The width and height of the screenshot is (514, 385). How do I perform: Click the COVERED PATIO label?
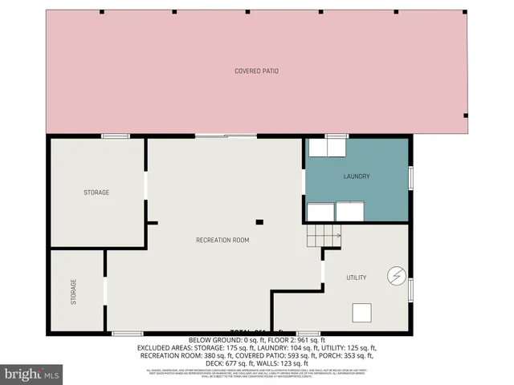[x=257, y=71]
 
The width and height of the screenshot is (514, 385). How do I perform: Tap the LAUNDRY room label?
[x=357, y=176]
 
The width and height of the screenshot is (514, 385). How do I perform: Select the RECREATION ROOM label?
[x=222, y=240]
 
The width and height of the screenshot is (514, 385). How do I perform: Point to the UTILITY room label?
[x=357, y=278]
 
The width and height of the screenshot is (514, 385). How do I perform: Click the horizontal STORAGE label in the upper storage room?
[x=96, y=192]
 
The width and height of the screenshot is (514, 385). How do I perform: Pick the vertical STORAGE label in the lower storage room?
[x=74, y=290]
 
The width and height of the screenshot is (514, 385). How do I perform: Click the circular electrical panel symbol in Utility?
[x=394, y=275]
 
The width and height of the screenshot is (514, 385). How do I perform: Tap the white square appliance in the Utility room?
[x=364, y=313]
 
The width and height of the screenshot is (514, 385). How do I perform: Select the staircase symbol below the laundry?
[x=323, y=236]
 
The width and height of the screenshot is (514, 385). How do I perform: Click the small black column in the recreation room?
[x=259, y=222]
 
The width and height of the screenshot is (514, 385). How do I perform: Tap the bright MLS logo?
[x=32, y=373]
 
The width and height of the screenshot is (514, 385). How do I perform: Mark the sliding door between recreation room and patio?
[x=226, y=136]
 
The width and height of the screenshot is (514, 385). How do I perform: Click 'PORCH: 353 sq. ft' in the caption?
[x=351, y=355]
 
